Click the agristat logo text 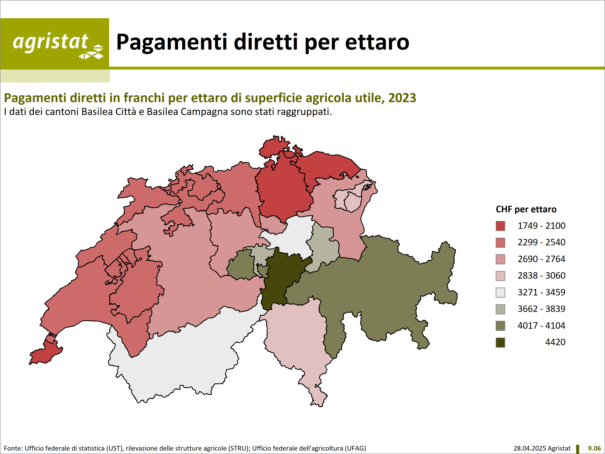point(50,42)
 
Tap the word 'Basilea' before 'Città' point(97,112)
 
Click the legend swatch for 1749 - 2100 point(500,226)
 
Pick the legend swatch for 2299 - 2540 point(500,243)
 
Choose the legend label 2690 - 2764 point(541,259)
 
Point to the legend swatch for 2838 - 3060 point(500,276)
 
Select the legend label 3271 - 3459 point(541,292)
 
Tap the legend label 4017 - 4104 point(541,326)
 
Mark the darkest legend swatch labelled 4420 point(500,343)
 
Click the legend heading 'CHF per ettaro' point(526,209)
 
